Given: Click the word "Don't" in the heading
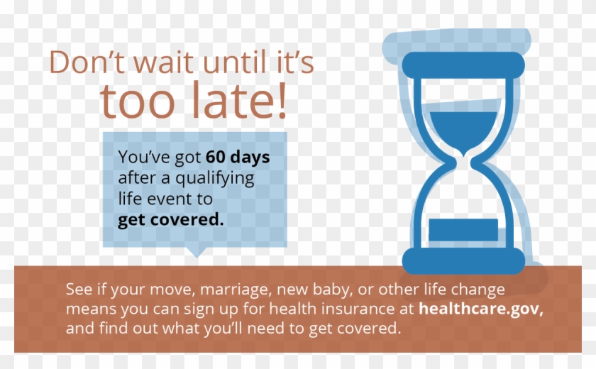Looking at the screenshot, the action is pyautogui.click(x=87, y=62).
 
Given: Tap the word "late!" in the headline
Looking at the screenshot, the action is pyautogui.click(x=239, y=100).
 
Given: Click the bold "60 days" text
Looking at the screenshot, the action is pyautogui.click(x=238, y=157).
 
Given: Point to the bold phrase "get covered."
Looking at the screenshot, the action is pyautogui.click(x=171, y=220).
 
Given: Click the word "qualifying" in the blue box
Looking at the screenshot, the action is pyautogui.click(x=215, y=178).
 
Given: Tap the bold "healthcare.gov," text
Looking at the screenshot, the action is pyautogui.click(x=481, y=309).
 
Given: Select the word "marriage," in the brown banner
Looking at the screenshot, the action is pyautogui.click(x=236, y=290).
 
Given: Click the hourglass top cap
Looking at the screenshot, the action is pyautogui.click(x=463, y=65).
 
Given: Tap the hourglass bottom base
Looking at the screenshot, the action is pyautogui.click(x=463, y=261).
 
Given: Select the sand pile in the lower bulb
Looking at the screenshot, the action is pyautogui.click(x=463, y=230).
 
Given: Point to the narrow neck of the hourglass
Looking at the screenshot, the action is pyautogui.click(x=463, y=162).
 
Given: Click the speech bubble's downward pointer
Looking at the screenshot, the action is pyautogui.click(x=197, y=252).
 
